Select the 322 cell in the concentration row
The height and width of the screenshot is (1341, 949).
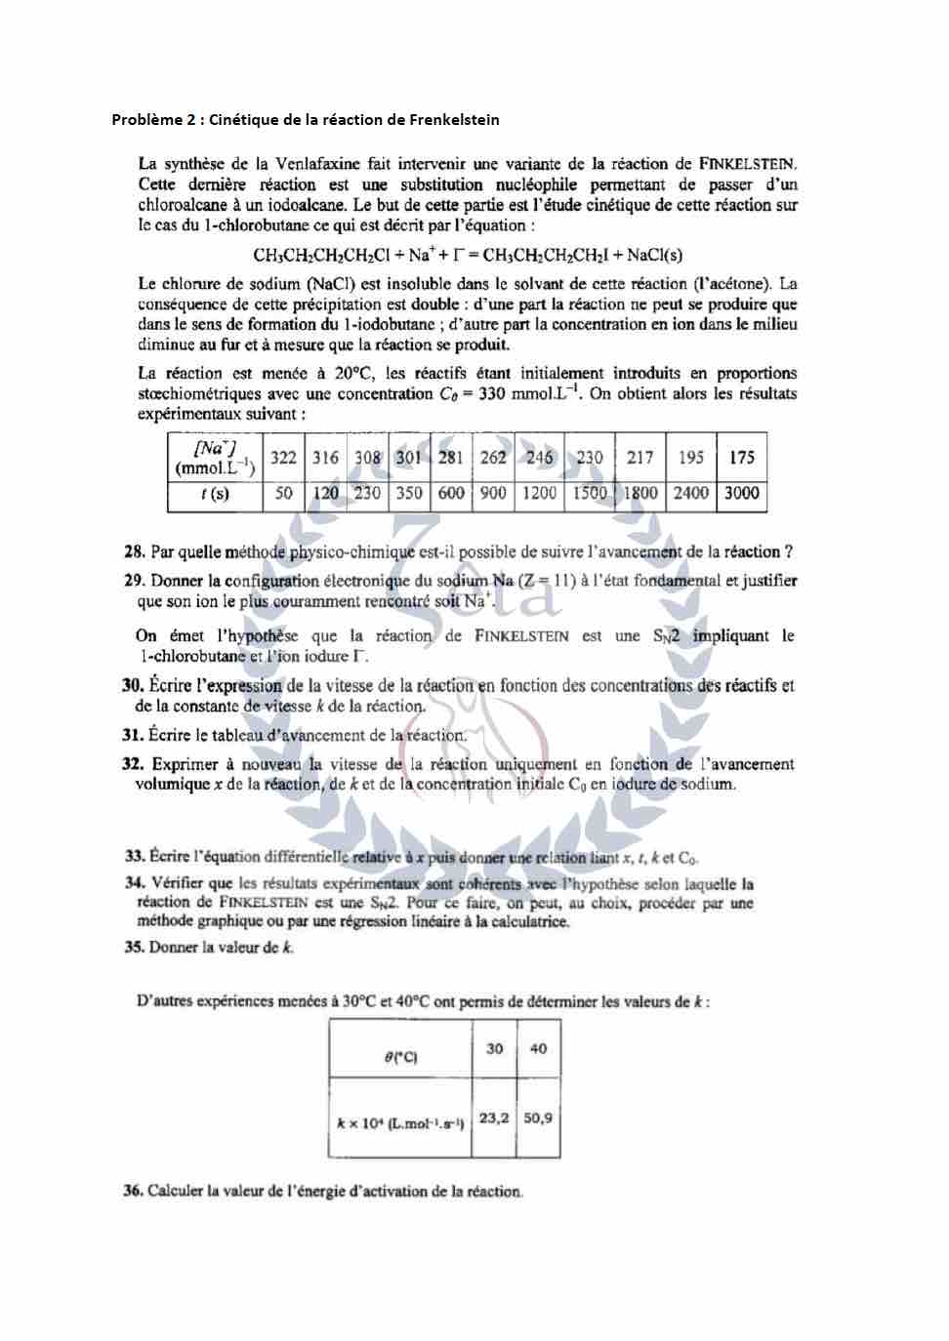(283, 458)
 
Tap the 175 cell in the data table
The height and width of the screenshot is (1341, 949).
(742, 458)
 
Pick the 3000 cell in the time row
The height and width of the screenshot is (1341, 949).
(742, 494)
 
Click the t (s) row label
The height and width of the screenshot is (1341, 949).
(215, 494)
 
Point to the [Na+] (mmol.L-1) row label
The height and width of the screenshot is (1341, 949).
(215, 458)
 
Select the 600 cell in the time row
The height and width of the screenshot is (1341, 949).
(451, 494)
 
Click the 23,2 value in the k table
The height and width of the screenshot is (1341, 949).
(494, 1117)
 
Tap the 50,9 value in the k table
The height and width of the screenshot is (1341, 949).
(538, 1117)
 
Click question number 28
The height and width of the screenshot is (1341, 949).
(135, 552)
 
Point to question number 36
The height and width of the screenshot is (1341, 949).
(134, 1191)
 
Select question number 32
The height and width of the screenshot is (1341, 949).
(134, 764)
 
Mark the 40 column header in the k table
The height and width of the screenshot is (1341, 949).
(538, 1048)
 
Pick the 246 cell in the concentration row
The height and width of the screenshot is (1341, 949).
(539, 458)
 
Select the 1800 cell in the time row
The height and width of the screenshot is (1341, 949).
(640, 494)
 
